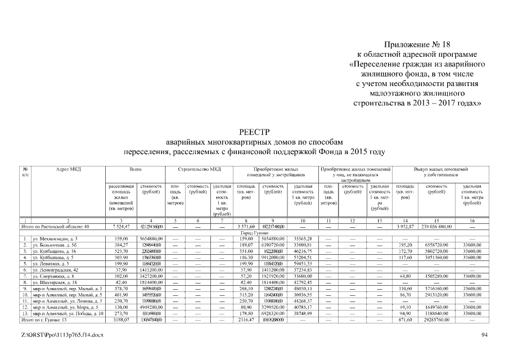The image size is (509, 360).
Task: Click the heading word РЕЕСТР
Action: [x=255, y=133]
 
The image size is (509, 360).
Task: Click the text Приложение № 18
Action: [x=416, y=44]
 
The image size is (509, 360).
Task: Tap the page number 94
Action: [x=484, y=335]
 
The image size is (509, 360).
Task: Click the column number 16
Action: [x=472, y=220]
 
